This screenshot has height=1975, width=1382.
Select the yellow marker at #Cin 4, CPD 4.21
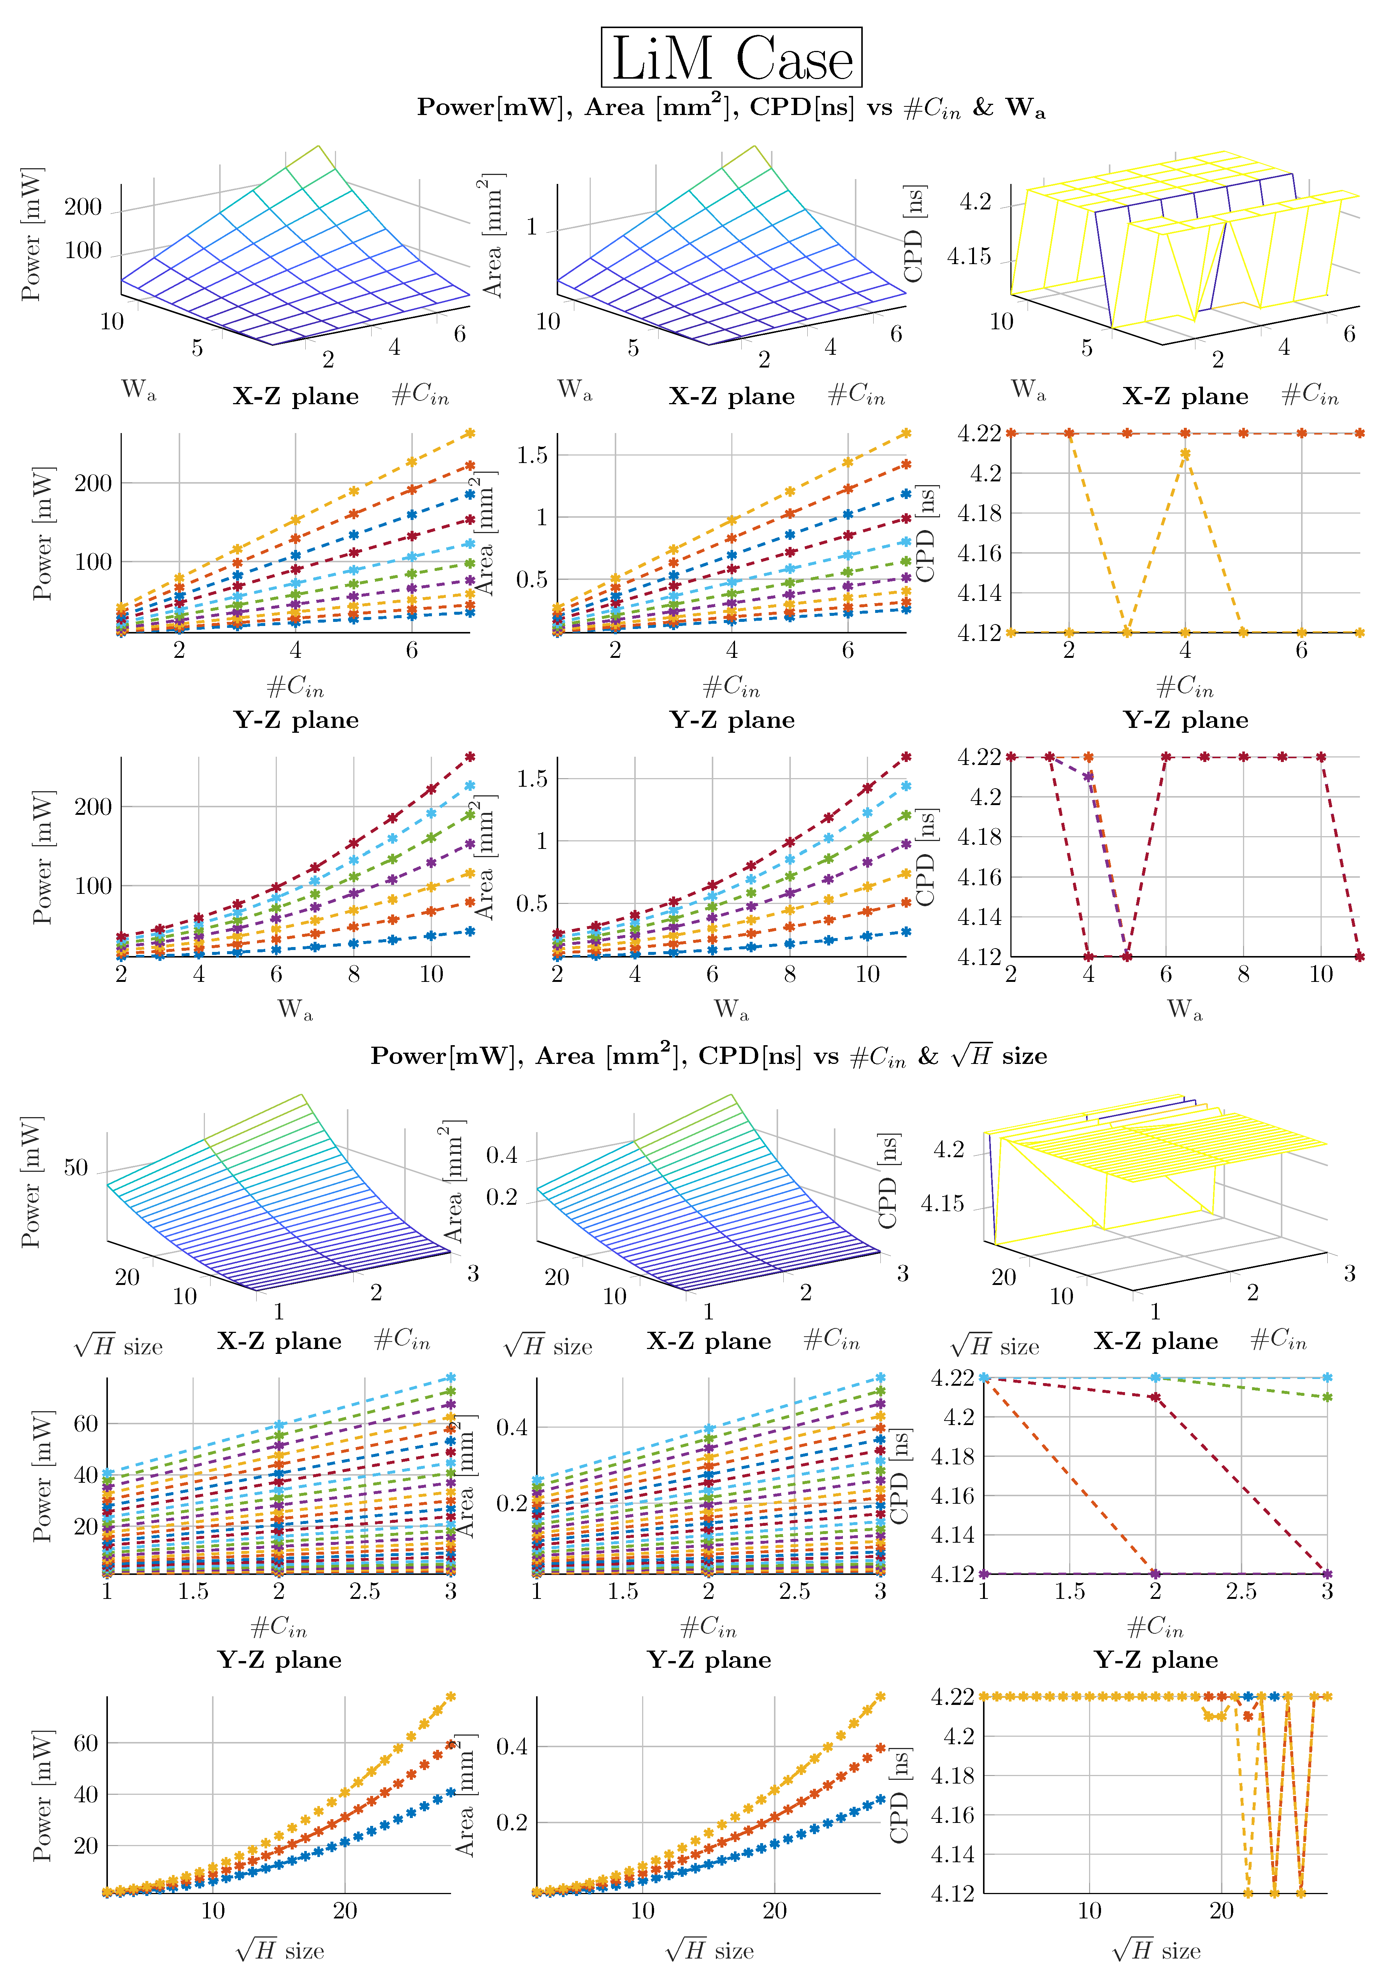click(x=1185, y=453)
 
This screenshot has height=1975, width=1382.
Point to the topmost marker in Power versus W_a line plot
click(x=469, y=757)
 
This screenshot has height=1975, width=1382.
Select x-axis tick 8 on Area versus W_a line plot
click(x=789, y=974)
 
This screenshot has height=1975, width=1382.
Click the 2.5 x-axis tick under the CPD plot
click(x=1241, y=1591)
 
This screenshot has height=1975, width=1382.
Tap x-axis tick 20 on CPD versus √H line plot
click(x=1221, y=1911)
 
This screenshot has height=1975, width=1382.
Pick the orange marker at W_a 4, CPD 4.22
click(x=1088, y=757)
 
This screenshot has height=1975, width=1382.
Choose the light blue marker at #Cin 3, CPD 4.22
click(x=1327, y=1377)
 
